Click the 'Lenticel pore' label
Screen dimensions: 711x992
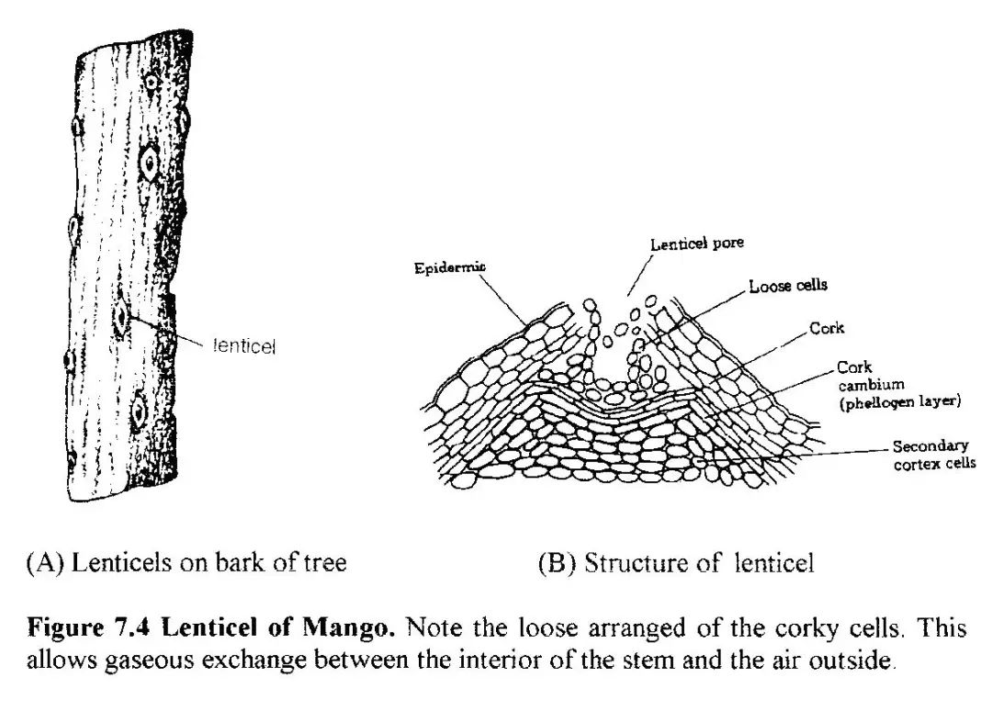coord(696,244)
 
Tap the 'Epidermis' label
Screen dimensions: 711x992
coord(449,267)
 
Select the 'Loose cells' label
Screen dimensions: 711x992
coord(787,286)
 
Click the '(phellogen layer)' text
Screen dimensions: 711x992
coord(898,401)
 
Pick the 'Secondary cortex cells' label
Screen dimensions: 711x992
coord(931,455)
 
